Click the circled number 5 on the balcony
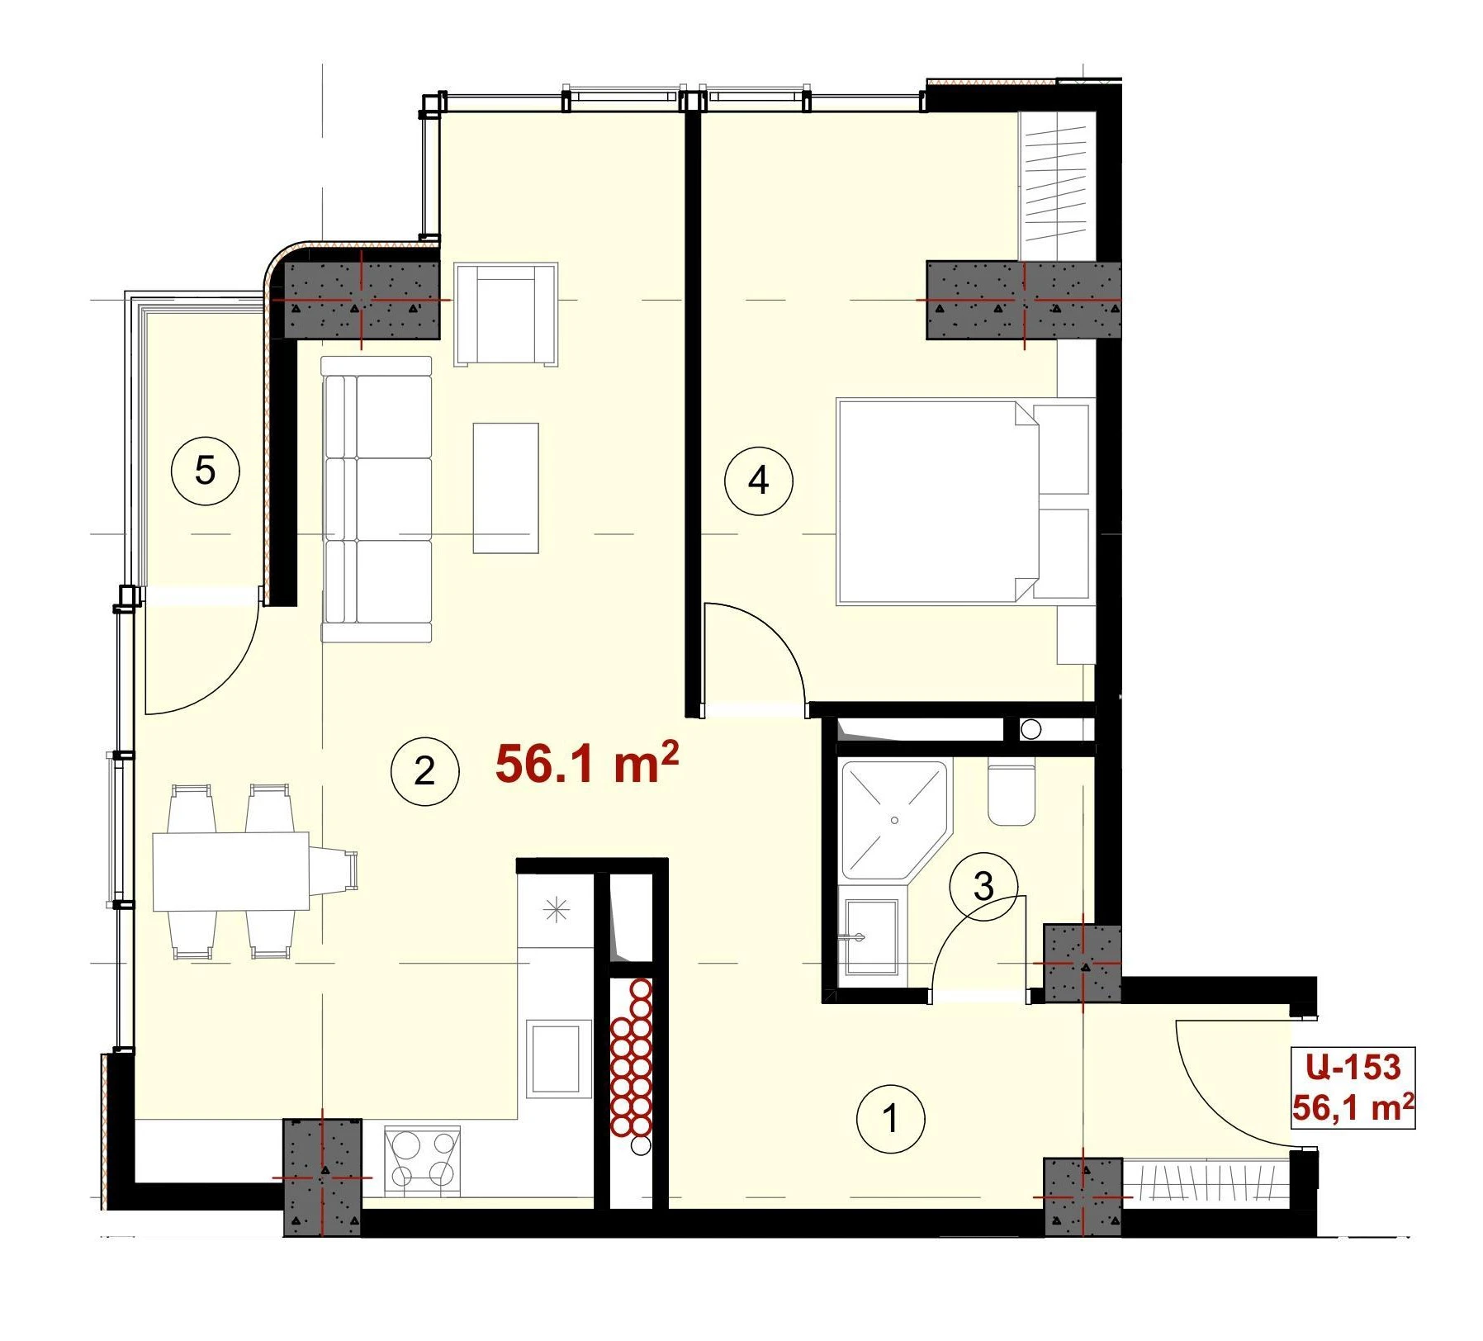[x=205, y=471]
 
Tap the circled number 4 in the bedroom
[x=758, y=480]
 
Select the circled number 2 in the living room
[x=424, y=771]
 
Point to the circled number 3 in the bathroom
[x=983, y=887]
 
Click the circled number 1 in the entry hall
[x=890, y=1120]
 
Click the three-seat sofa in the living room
[x=377, y=500]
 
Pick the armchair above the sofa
[x=506, y=314]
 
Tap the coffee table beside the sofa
[x=505, y=488]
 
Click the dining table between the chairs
[x=231, y=871]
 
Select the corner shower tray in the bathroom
[x=893, y=819]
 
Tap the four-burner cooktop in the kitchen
[x=423, y=1162]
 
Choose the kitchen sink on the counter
[x=558, y=1059]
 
